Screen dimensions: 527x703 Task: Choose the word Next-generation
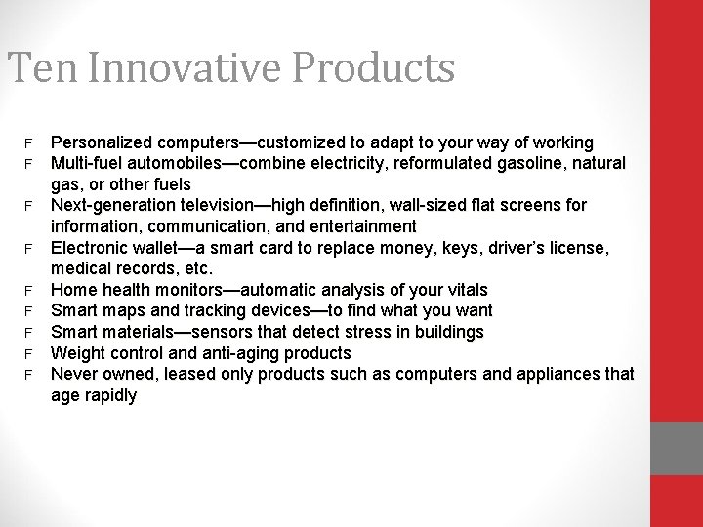click(x=114, y=205)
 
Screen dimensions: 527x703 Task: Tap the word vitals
click(x=464, y=290)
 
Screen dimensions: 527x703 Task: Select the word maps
click(x=119, y=310)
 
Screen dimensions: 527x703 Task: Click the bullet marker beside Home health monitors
click(x=29, y=290)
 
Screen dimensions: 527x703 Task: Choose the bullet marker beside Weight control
click(x=29, y=353)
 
